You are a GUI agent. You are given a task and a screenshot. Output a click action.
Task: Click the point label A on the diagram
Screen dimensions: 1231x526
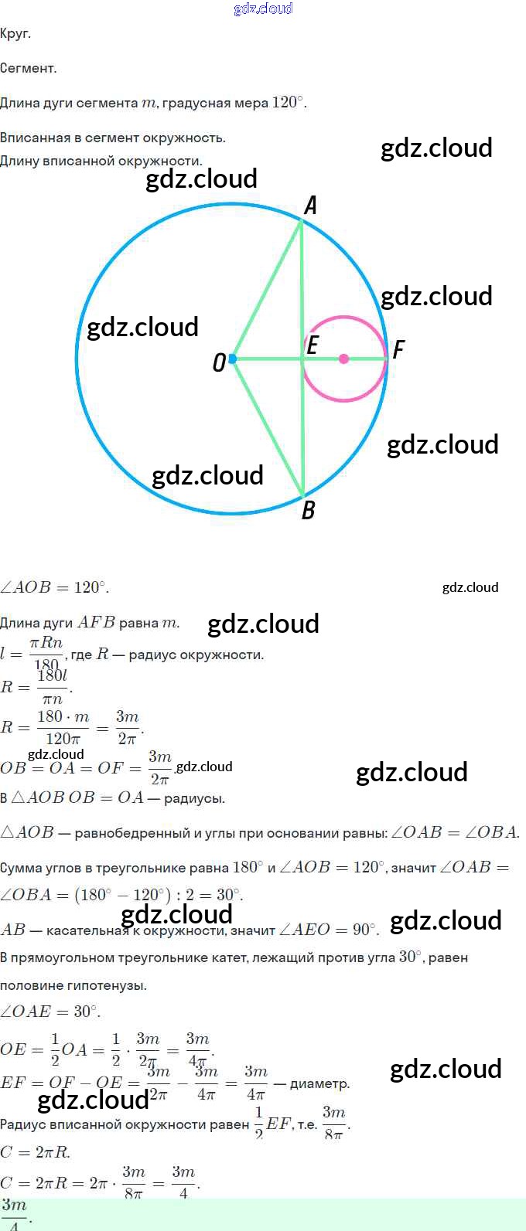pyautogui.click(x=310, y=206)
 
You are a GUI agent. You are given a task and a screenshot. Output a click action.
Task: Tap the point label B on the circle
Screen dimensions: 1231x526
pyautogui.click(x=308, y=510)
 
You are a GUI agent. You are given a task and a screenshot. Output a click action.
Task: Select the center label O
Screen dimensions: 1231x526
pyautogui.click(x=219, y=362)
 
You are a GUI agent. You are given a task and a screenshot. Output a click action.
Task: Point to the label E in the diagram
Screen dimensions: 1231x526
pyautogui.click(x=313, y=345)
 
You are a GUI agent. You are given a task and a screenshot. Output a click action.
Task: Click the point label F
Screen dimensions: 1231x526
pyautogui.click(x=398, y=350)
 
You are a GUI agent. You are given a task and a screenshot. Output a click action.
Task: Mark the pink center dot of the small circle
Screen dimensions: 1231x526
pyautogui.click(x=344, y=359)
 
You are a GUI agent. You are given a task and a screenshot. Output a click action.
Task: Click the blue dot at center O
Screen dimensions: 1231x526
pyautogui.click(x=232, y=359)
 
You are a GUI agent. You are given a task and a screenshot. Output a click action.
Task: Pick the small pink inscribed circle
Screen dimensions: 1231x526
pyautogui.click(x=344, y=317)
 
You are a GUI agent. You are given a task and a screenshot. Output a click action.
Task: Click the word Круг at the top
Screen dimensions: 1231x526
pyautogui.click(x=15, y=33)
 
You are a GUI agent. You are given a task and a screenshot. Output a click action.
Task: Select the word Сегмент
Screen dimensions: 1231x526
pyautogui.click(x=28, y=68)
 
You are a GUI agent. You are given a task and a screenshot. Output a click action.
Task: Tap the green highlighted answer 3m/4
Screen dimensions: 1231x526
pyautogui.click(x=14, y=1214)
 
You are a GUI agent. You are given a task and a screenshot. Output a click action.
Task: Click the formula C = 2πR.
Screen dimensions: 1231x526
pyautogui.click(x=35, y=1152)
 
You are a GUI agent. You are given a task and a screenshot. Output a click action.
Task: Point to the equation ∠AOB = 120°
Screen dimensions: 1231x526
pyautogui.click(x=54, y=587)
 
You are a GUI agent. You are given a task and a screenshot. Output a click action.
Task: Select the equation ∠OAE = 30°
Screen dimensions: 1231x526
pyautogui.click(x=50, y=1012)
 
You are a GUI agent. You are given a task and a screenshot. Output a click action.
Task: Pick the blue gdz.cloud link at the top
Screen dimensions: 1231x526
pyautogui.click(x=263, y=9)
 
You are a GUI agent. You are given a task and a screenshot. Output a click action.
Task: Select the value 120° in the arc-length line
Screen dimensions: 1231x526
pyautogui.click(x=289, y=103)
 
